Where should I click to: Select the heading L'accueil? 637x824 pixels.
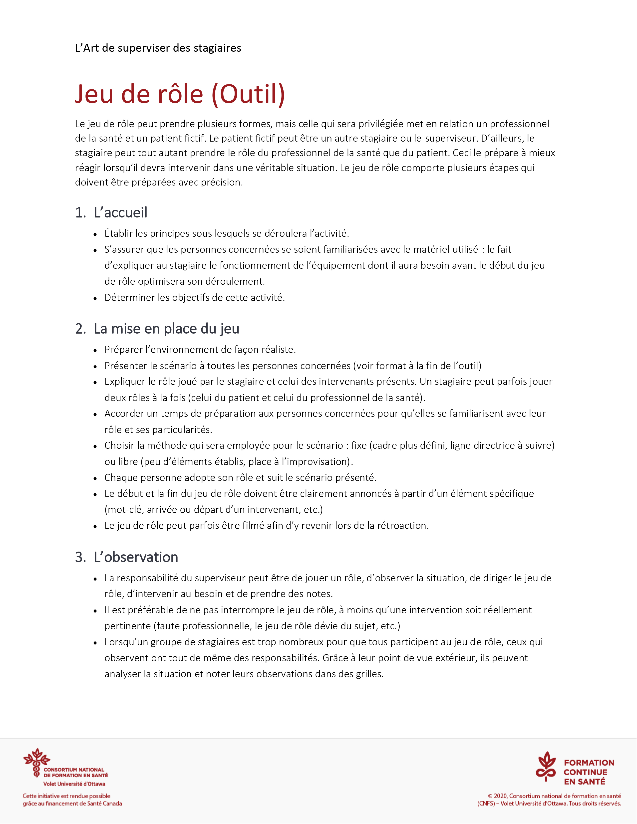120,212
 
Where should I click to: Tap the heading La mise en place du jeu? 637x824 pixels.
166,329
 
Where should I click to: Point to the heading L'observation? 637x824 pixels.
136,557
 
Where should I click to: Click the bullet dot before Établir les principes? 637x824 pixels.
95,234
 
